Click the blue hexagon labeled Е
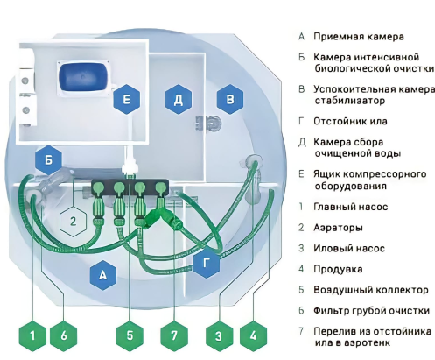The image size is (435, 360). click(127, 101)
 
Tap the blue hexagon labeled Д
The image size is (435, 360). click(178, 101)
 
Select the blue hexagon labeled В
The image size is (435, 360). click(230, 101)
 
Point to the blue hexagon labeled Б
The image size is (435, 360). click(49, 159)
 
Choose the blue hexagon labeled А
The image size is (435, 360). click(103, 275)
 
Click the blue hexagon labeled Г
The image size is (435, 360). click(207, 262)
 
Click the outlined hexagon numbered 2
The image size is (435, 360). click(74, 221)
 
